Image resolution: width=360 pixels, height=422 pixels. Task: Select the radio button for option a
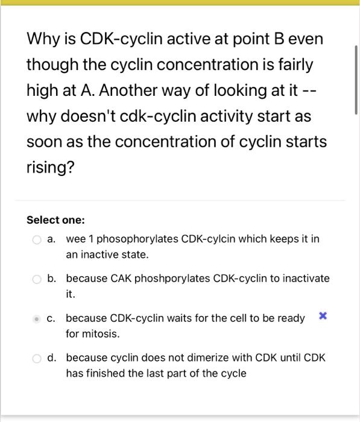pos(37,239)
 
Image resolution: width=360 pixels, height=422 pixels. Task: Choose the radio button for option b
pos(37,279)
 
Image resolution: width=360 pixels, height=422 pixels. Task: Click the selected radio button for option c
pos(37,318)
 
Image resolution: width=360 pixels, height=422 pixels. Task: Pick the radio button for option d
pos(37,358)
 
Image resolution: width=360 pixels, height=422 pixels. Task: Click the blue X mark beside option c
pos(323,316)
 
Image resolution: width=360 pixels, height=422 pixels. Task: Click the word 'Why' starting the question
pos(42,39)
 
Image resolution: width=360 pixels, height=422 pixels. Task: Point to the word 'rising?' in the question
pos(50,168)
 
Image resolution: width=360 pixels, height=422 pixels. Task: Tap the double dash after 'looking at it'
pos(311,91)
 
